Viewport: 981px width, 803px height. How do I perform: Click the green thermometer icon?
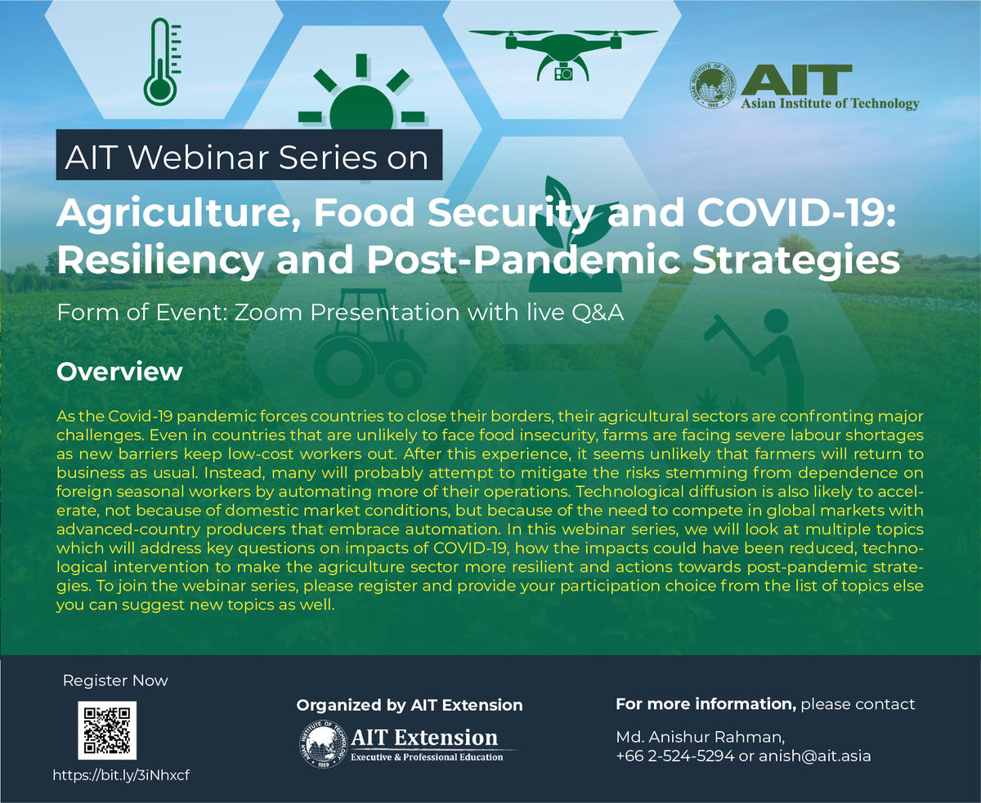(x=161, y=63)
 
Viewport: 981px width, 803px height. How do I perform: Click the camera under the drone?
(x=563, y=73)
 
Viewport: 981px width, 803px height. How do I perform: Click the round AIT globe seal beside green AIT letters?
(x=713, y=86)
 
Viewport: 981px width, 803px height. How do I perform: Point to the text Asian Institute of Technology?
(x=830, y=103)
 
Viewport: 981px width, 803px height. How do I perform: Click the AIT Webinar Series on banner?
(x=249, y=154)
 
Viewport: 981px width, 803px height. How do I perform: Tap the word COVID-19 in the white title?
(x=796, y=212)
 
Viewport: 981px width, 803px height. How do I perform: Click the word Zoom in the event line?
(x=268, y=312)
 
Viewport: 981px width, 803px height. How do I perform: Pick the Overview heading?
(x=119, y=372)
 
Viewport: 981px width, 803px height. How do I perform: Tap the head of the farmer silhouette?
(x=776, y=321)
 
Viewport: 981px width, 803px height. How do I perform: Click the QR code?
(x=107, y=730)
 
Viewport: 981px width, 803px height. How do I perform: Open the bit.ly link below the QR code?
(x=121, y=774)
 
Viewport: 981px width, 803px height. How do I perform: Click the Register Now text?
(x=115, y=680)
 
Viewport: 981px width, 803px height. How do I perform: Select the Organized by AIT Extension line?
(x=410, y=705)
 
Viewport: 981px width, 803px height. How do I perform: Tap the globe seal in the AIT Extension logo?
(x=323, y=744)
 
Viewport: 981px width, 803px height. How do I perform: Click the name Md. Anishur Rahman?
(x=700, y=737)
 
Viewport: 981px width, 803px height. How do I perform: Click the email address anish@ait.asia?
(x=814, y=756)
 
